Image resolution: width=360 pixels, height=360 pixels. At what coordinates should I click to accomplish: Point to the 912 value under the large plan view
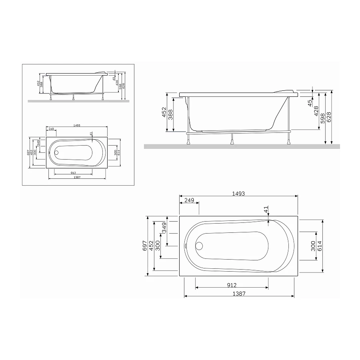point(232,285)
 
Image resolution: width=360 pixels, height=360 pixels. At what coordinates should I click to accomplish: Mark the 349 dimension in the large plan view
point(164,228)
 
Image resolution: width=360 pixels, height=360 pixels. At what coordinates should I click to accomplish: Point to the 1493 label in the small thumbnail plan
point(77,126)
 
